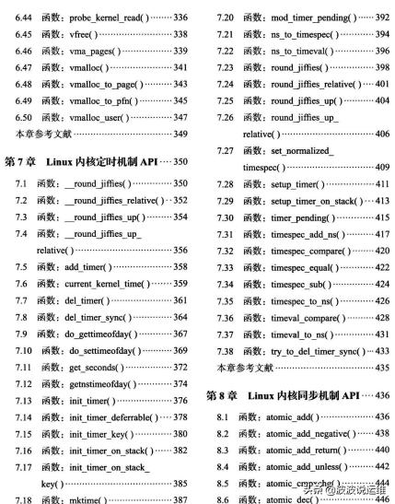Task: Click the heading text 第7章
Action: (23, 162)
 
